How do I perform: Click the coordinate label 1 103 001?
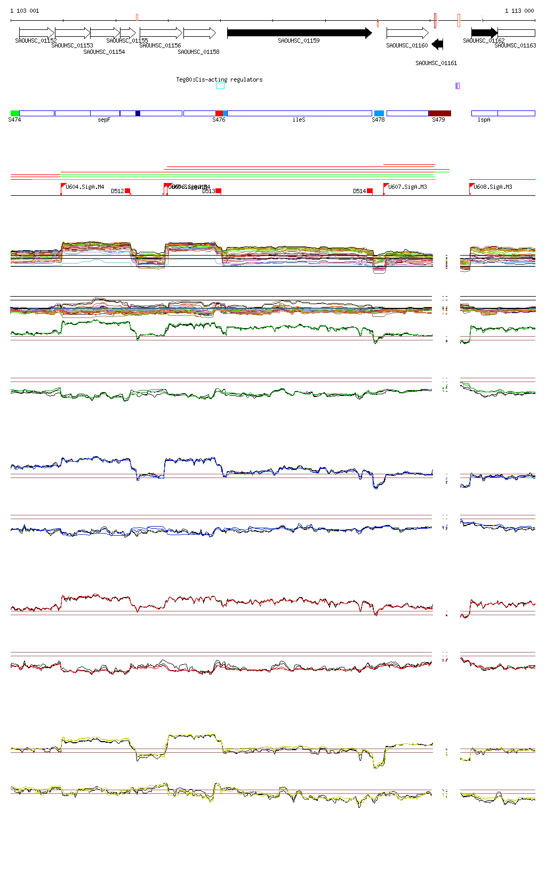[x=25, y=11]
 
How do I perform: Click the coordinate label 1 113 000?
[x=519, y=11]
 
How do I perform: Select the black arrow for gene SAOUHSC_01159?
[x=299, y=33]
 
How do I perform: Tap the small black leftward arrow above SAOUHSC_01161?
[x=438, y=44]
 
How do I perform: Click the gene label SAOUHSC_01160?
[x=407, y=46]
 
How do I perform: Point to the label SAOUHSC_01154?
[x=104, y=52]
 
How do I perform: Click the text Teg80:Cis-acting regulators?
[x=219, y=79]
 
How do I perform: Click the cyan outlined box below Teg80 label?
[x=220, y=86]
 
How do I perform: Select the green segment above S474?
[x=15, y=113]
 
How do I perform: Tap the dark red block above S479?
[x=439, y=113]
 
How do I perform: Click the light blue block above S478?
[x=379, y=113]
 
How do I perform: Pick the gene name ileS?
[x=299, y=120]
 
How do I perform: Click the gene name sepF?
[x=104, y=120]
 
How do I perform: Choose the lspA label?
[x=484, y=120]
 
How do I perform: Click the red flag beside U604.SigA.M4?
[x=63, y=186]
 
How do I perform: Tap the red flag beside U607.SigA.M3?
[x=386, y=186]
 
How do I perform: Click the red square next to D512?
[x=127, y=191]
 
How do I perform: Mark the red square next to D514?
[x=370, y=191]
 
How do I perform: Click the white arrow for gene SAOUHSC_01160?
[x=407, y=33]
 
